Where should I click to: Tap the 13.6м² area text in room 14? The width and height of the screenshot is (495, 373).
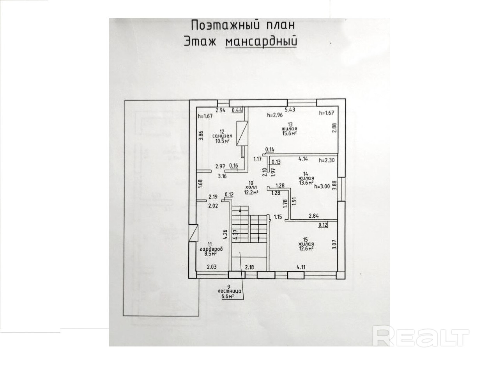[x=306, y=182]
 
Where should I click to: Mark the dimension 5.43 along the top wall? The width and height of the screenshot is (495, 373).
[x=290, y=110]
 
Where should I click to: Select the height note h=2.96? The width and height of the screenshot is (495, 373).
[x=274, y=115]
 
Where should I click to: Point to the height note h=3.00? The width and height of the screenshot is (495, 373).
[x=322, y=186]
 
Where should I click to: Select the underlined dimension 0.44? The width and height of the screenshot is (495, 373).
[x=237, y=110]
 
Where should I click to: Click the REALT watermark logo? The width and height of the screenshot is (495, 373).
[x=421, y=337]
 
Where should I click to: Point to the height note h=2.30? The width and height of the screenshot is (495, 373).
[x=327, y=160]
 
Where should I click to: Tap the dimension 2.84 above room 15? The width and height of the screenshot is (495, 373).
[x=314, y=215]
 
